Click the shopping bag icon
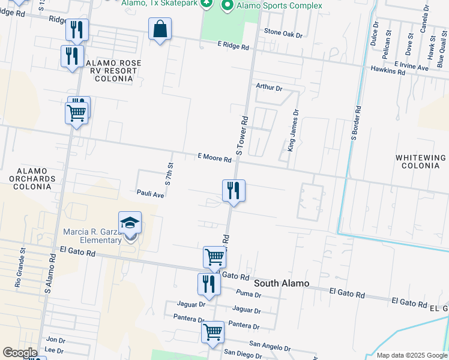click(160, 29)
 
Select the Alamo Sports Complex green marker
click(228, 5)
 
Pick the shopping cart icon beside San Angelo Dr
click(213, 332)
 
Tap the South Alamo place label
click(282, 283)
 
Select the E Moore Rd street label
click(215, 158)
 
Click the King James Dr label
click(292, 130)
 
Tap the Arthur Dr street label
click(269, 87)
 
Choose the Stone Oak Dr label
click(283, 34)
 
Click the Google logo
click(20, 353)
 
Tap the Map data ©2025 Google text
click(412, 355)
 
